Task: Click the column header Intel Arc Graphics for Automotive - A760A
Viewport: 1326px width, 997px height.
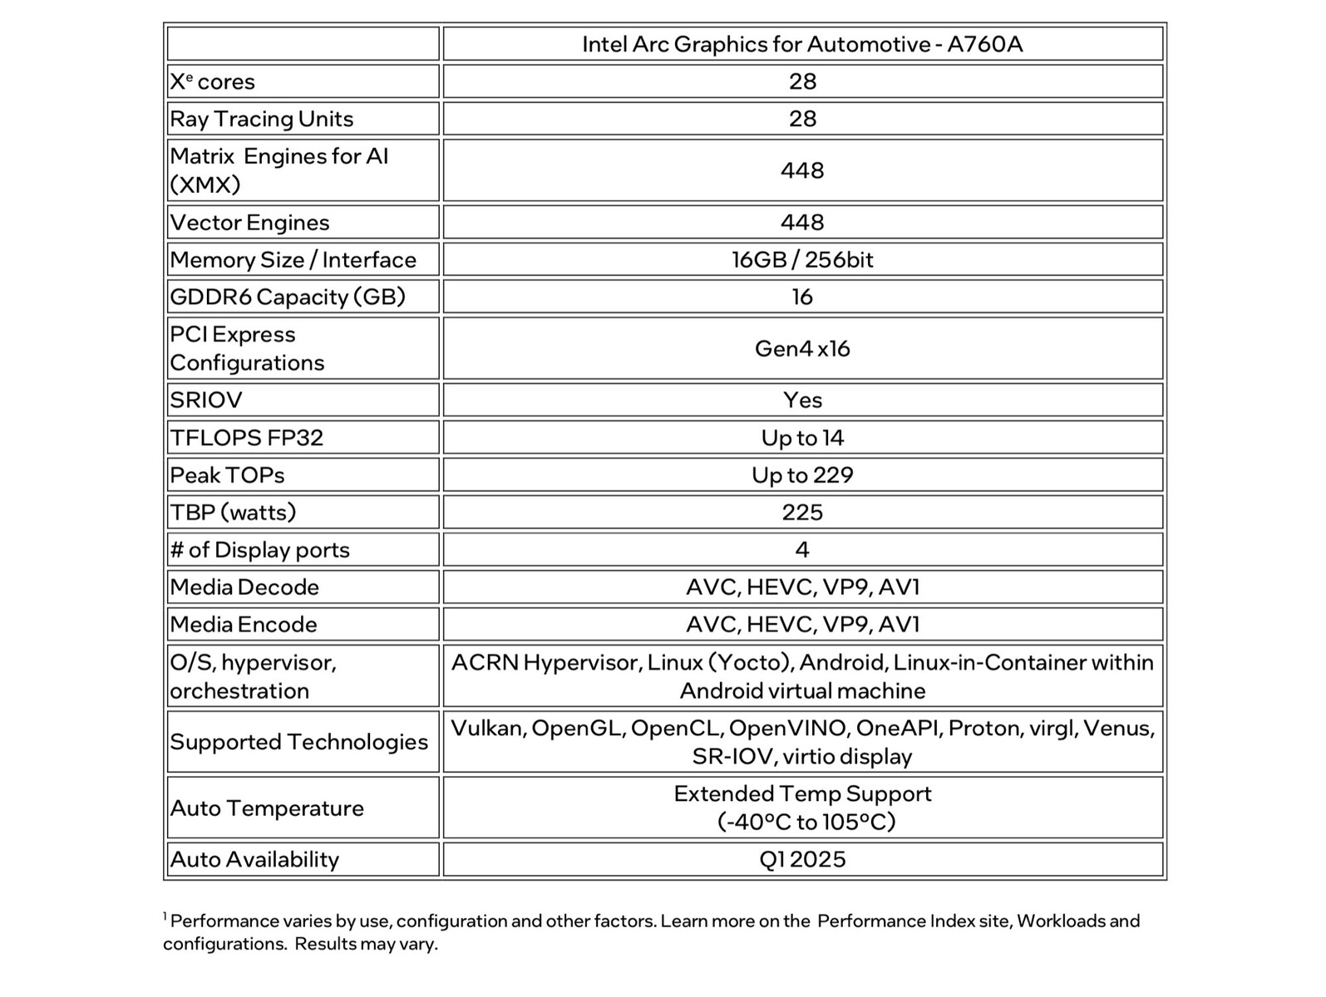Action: point(801,44)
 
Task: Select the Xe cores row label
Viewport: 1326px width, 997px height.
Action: point(213,81)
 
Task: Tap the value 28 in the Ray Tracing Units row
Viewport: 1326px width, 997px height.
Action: point(802,119)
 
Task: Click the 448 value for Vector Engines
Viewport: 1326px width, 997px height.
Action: point(802,223)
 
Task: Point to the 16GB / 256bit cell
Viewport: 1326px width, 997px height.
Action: point(802,260)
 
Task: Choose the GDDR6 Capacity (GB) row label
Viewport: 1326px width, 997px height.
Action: point(288,297)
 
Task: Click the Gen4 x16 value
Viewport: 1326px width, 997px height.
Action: point(802,349)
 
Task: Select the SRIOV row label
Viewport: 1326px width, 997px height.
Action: point(206,400)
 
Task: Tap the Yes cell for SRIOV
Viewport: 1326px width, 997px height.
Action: point(802,400)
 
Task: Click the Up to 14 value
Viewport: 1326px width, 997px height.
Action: point(802,438)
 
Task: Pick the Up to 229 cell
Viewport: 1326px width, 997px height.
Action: point(802,475)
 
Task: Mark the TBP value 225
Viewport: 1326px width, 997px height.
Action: point(802,513)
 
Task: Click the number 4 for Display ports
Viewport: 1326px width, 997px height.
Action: point(802,550)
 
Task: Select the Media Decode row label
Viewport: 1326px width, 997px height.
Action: point(244,587)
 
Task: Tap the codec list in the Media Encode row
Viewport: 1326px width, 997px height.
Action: point(802,625)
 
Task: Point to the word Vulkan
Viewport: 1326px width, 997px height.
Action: point(487,729)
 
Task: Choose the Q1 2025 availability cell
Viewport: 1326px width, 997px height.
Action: point(802,860)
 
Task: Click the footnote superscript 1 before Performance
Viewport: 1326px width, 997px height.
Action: point(165,916)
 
